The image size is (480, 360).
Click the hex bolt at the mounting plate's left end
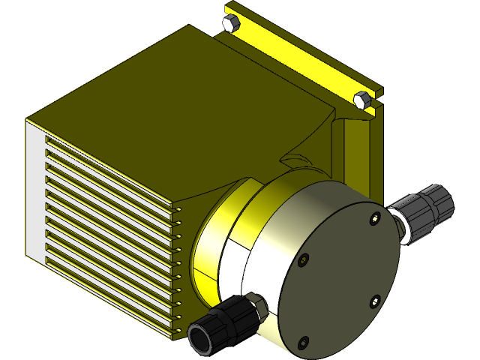[x=231, y=22]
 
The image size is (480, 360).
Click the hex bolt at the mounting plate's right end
[x=361, y=100]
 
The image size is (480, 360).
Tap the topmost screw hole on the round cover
[x=374, y=219]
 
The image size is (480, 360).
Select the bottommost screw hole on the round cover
[x=303, y=343]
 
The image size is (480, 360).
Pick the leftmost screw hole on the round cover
[x=302, y=260]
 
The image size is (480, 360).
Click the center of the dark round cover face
[x=338, y=280]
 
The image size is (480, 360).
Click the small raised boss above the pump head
[x=294, y=160]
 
